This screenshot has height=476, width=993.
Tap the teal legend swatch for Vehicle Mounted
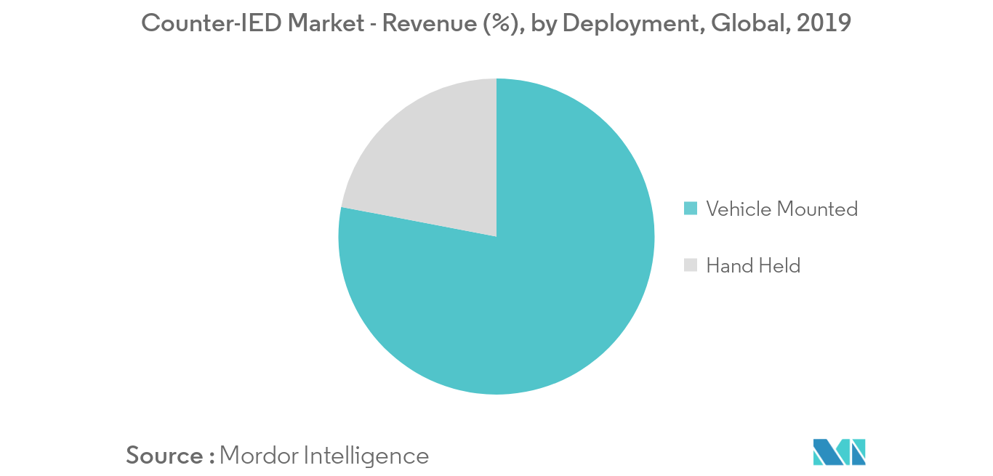[x=691, y=209]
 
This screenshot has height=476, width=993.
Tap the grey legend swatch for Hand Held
[x=691, y=265]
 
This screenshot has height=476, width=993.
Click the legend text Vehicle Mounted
[x=781, y=209]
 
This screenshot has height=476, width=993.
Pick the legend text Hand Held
[x=753, y=265]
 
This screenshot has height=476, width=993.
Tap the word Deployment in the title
[x=631, y=23]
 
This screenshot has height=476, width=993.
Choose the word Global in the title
[x=749, y=23]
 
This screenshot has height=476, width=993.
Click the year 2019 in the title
[x=824, y=23]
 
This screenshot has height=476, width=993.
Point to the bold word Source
[x=165, y=456]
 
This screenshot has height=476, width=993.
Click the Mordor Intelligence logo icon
[x=840, y=452]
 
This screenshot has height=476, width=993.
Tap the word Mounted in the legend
[x=817, y=209]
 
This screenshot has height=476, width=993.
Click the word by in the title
[x=545, y=23]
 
